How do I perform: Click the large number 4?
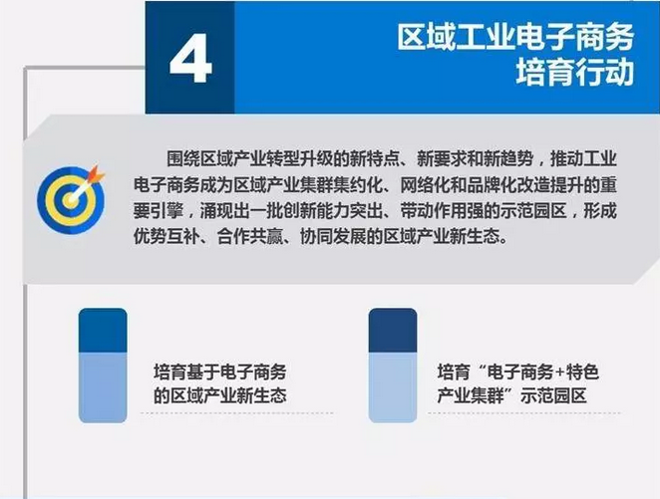(x=190, y=59)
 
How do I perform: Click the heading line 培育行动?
(x=575, y=73)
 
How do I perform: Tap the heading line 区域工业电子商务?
(x=515, y=38)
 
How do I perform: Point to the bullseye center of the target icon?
(x=71, y=200)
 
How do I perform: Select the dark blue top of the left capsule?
(x=103, y=331)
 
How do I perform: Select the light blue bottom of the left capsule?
(x=103, y=387)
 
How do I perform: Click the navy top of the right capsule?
(x=393, y=331)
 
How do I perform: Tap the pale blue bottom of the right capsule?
(x=393, y=387)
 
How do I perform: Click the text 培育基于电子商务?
(x=220, y=373)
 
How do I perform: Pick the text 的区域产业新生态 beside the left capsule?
(x=220, y=395)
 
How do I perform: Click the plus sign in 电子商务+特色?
(x=559, y=373)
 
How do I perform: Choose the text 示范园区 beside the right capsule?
(x=553, y=395)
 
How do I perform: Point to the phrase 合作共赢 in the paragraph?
(x=250, y=237)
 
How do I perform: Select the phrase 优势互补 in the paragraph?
(x=166, y=237)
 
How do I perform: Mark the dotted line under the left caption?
(x=237, y=413)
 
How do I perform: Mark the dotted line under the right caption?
(x=524, y=413)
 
